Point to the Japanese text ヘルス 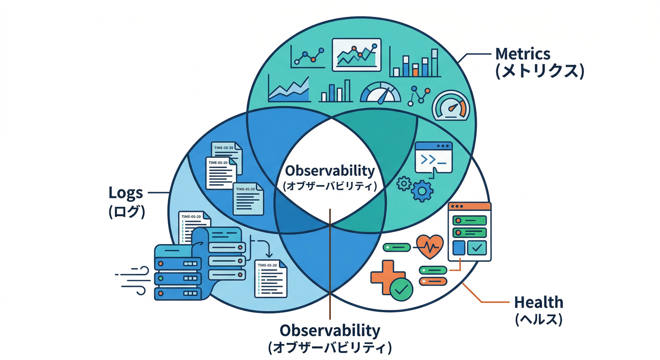539,320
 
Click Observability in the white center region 330,170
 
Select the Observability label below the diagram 330,330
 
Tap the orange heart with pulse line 429,246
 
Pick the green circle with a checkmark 401,290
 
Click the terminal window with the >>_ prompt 434,157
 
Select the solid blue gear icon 422,191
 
